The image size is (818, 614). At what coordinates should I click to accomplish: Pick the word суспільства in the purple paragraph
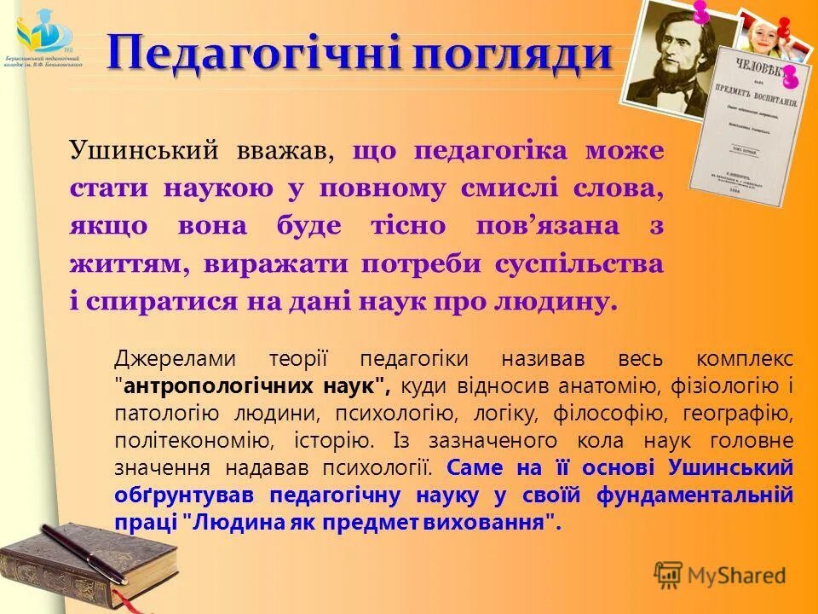579,264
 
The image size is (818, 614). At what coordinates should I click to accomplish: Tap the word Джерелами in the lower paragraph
170,358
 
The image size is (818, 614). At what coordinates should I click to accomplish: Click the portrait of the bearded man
673,55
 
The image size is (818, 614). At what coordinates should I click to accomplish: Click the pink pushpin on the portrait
701,12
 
